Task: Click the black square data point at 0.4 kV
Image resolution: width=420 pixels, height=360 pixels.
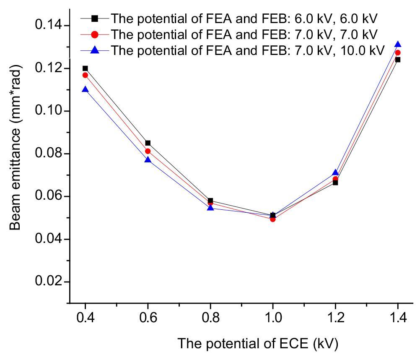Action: (85, 68)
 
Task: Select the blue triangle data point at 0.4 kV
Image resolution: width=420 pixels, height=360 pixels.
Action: (85, 89)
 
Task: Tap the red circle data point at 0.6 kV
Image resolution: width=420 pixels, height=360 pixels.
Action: (148, 151)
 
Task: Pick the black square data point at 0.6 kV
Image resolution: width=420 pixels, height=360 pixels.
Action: (148, 143)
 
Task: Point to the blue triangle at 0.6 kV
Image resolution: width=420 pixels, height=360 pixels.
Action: (148, 160)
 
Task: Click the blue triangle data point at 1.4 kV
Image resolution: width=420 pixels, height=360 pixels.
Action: (398, 44)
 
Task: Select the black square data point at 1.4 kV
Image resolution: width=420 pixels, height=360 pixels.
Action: (398, 60)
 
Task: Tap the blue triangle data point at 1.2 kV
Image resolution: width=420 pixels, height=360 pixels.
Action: (335, 172)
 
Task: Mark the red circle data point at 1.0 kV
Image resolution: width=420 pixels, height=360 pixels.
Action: (273, 219)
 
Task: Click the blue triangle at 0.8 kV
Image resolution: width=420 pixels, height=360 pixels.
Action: (210, 208)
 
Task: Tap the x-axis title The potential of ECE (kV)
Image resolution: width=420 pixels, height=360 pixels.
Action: (257, 344)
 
